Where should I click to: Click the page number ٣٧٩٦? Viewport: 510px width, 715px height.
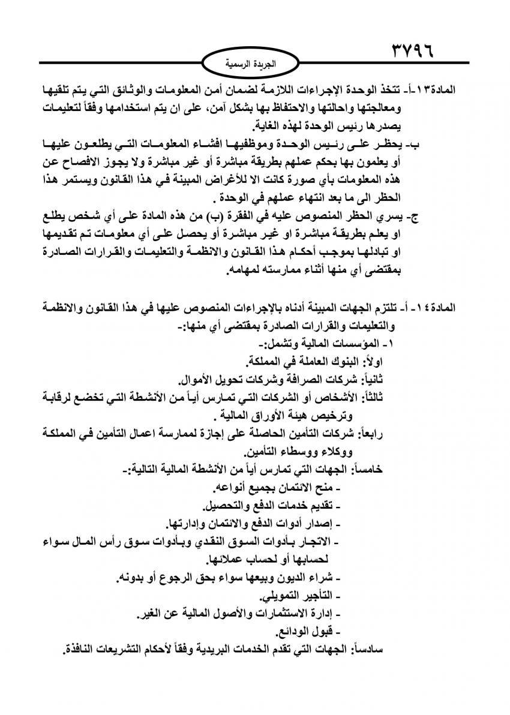tap(422, 49)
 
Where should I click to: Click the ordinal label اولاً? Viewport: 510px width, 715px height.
tap(392, 361)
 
